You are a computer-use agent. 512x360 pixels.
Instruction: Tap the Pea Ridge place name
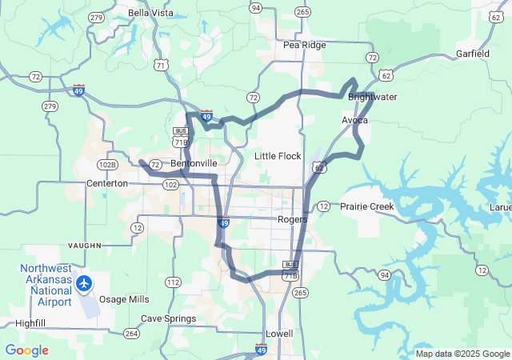click(x=305, y=45)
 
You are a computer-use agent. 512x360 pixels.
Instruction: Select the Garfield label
click(x=472, y=54)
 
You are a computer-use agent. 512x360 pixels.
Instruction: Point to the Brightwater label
click(x=372, y=97)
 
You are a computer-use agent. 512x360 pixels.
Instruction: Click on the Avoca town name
click(x=354, y=120)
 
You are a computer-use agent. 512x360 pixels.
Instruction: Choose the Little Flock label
click(x=278, y=156)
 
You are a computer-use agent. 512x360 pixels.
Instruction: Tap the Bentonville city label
click(x=194, y=163)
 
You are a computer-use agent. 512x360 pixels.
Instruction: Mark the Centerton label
click(x=107, y=183)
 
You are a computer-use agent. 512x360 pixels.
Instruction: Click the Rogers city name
click(x=292, y=218)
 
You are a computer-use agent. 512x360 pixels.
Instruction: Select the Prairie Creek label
click(x=367, y=206)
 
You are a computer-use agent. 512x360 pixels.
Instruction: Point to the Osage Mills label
click(x=123, y=299)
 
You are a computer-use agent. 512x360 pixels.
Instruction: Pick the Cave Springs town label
click(x=168, y=318)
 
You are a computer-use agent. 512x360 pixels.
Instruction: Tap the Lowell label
click(x=279, y=333)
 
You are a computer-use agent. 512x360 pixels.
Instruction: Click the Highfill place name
click(x=30, y=323)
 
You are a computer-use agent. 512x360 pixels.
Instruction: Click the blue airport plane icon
click(x=84, y=282)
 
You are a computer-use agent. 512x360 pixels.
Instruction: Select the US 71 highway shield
click(x=162, y=64)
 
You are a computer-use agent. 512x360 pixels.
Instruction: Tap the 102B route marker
click(x=107, y=165)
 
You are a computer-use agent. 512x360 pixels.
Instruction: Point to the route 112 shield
click(x=173, y=282)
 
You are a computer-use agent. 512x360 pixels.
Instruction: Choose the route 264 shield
click(x=132, y=333)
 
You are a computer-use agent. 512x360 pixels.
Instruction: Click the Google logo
click(x=26, y=350)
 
